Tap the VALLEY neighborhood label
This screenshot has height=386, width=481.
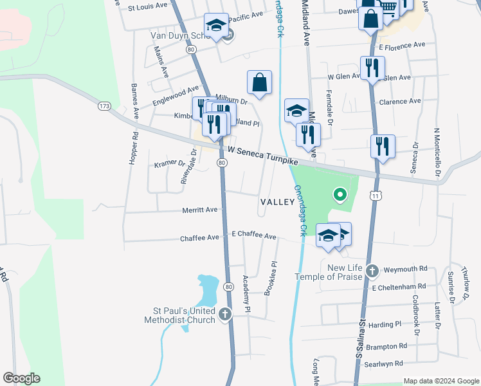click(277, 202)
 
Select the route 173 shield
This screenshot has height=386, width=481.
click(105, 105)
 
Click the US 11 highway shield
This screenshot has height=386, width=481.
click(374, 194)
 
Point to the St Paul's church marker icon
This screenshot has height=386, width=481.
click(224, 315)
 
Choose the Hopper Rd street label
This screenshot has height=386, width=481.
click(134, 149)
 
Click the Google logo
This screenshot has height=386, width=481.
click(21, 378)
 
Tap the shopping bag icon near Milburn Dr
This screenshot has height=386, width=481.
click(259, 82)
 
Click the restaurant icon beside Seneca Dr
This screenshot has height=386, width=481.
click(383, 146)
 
